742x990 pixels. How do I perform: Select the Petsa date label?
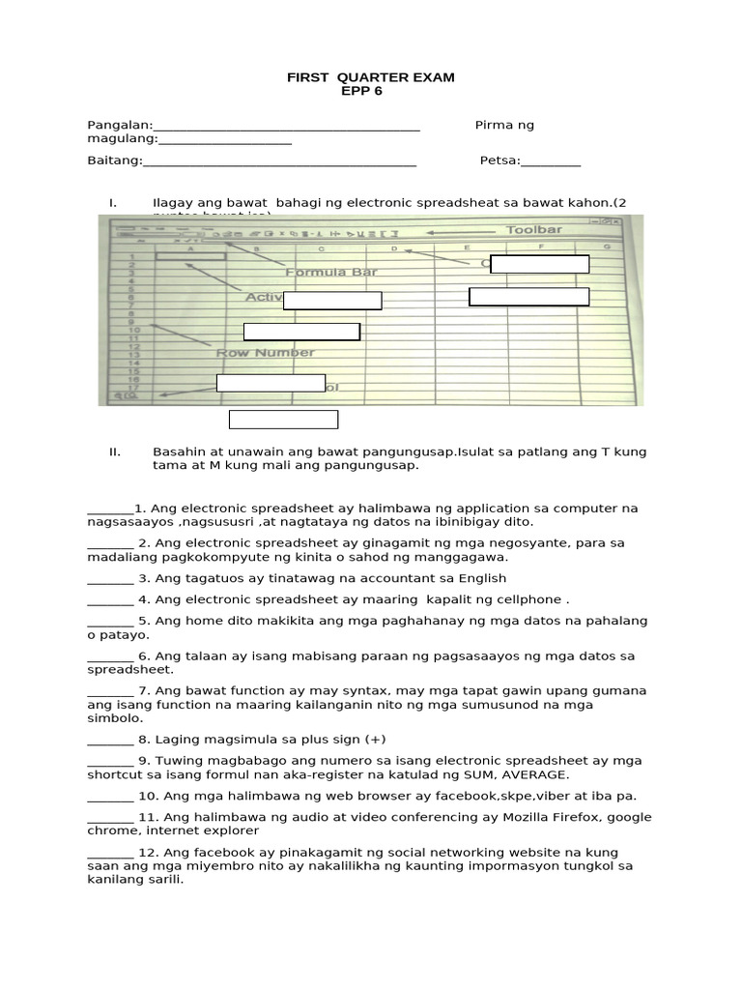[x=499, y=160]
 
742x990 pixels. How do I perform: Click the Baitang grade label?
[x=114, y=160]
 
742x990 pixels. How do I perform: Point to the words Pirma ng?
[x=504, y=125]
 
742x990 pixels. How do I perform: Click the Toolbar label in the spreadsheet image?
[x=533, y=230]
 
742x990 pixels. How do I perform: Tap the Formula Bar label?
[x=330, y=273]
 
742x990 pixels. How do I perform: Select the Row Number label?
[x=265, y=353]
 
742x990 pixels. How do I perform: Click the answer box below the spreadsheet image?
[x=283, y=419]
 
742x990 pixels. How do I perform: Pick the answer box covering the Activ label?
[x=332, y=301]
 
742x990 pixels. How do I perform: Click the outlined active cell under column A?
[x=190, y=256]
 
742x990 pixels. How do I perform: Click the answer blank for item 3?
[x=110, y=579]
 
